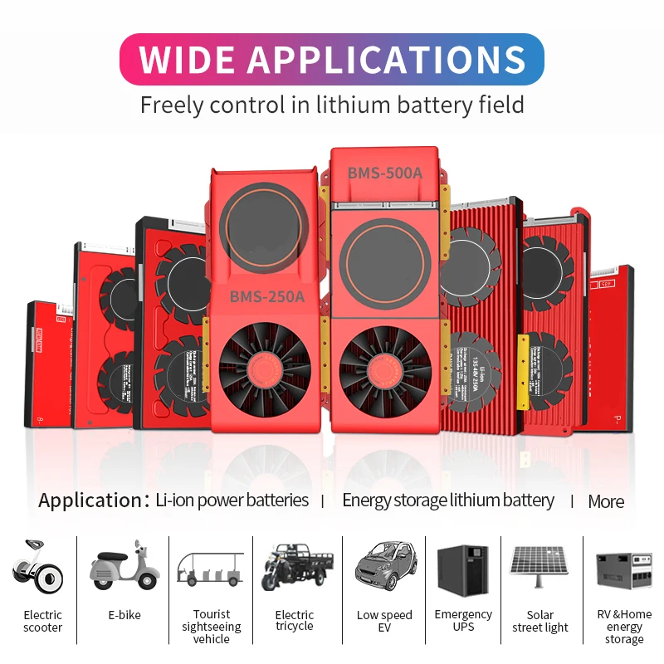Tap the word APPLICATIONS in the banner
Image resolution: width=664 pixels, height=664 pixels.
point(387,60)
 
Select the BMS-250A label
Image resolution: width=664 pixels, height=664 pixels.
point(266,297)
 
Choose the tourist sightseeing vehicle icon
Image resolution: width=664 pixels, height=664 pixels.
point(211,568)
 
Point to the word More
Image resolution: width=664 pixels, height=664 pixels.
point(606,501)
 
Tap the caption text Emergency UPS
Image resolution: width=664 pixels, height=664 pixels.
point(463,621)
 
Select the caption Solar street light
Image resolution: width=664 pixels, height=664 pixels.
point(539,621)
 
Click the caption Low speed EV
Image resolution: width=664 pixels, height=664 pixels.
point(384,621)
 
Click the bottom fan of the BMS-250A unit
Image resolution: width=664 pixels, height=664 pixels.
point(266,366)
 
